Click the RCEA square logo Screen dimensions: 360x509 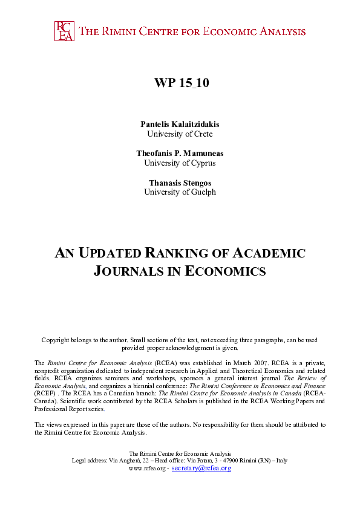click(x=64, y=31)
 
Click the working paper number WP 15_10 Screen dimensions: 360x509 click(x=180, y=83)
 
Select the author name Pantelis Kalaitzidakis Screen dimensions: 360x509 click(x=180, y=124)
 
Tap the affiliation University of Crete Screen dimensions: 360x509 click(x=180, y=134)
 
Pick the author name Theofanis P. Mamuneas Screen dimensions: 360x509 click(x=180, y=153)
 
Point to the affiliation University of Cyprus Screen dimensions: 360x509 click(x=180, y=163)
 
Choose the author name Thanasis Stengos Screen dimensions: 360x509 click(x=180, y=182)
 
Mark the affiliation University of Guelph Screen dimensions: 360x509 click(x=180, y=192)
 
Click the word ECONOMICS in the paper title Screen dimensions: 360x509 click(x=232, y=271)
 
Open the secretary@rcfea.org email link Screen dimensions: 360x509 click(x=201, y=468)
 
